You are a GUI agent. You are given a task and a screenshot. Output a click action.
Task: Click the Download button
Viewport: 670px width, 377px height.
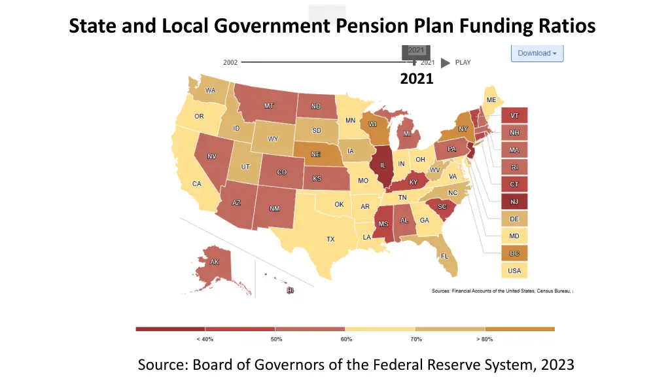[x=537, y=53]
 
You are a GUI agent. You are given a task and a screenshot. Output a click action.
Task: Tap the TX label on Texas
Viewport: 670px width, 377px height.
[x=330, y=240]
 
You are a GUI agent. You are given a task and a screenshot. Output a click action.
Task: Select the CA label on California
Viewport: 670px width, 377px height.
[x=196, y=184]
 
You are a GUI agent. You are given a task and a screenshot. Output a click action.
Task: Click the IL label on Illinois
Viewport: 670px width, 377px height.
[x=383, y=166]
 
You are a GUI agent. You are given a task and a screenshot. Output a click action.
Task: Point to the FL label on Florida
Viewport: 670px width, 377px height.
[x=444, y=256]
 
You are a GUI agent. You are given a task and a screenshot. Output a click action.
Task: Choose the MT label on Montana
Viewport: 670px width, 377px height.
[x=269, y=106]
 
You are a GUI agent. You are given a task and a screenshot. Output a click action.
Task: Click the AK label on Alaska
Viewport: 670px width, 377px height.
[x=215, y=262]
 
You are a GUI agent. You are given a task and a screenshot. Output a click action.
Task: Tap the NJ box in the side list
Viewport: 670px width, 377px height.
[x=514, y=202]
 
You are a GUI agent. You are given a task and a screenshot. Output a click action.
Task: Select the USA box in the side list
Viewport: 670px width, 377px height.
[x=514, y=270]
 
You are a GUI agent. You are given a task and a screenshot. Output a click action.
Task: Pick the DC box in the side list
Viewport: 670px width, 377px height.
[x=514, y=253]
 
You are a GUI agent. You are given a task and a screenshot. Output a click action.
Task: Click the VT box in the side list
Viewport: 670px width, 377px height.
[x=514, y=116]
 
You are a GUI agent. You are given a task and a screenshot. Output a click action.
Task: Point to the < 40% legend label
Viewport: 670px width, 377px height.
[x=205, y=340]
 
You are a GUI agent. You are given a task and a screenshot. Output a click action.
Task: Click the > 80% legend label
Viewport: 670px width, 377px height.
[x=485, y=340]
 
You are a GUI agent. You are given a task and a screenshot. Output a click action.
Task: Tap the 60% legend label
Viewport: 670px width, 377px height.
[x=346, y=340]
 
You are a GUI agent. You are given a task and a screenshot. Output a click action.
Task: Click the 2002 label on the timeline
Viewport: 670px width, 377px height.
[x=230, y=63]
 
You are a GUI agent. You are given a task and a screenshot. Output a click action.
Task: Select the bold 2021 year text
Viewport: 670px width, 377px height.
[x=417, y=79]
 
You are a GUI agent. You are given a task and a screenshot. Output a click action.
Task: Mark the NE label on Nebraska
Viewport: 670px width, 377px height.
[x=315, y=154]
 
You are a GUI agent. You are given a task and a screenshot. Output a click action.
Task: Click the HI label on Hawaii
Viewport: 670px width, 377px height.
[x=291, y=290]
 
